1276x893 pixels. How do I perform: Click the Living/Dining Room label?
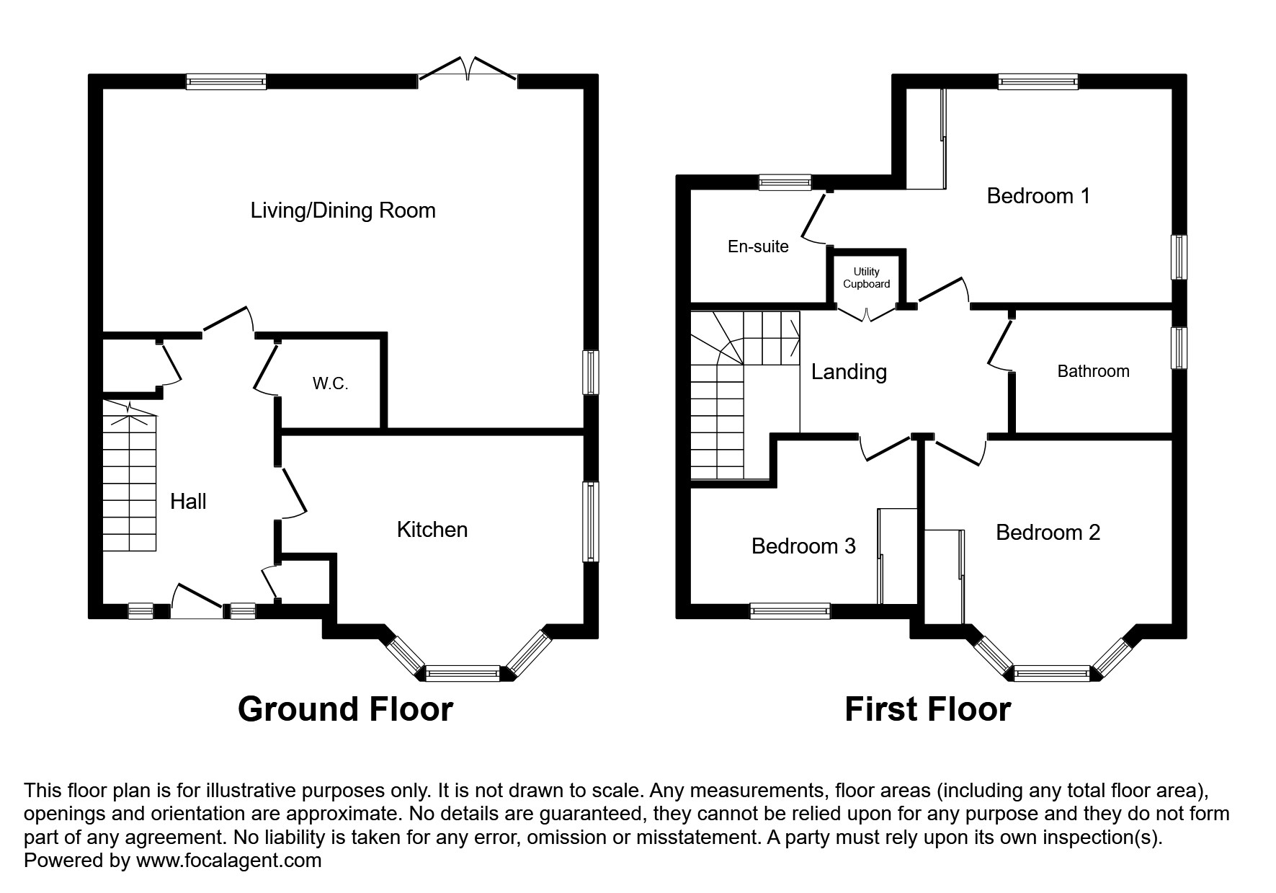point(343,210)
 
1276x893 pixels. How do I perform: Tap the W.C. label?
point(330,383)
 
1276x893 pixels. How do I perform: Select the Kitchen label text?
point(432,530)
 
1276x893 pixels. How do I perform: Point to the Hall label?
point(188,502)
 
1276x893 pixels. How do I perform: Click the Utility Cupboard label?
point(866,277)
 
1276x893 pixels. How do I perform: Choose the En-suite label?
point(758,246)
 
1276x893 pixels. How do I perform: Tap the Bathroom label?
point(1093,371)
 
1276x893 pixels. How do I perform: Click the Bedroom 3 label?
point(803,546)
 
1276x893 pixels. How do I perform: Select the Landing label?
point(849,372)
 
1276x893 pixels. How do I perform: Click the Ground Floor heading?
point(345,709)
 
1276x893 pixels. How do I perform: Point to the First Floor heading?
point(927,709)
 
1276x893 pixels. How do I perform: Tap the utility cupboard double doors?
point(867,314)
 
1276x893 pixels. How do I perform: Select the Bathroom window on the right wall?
point(1179,348)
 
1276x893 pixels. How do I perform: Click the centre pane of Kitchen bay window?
point(463,674)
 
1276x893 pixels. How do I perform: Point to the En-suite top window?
point(785,182)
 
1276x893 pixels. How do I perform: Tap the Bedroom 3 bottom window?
point(790,611)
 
